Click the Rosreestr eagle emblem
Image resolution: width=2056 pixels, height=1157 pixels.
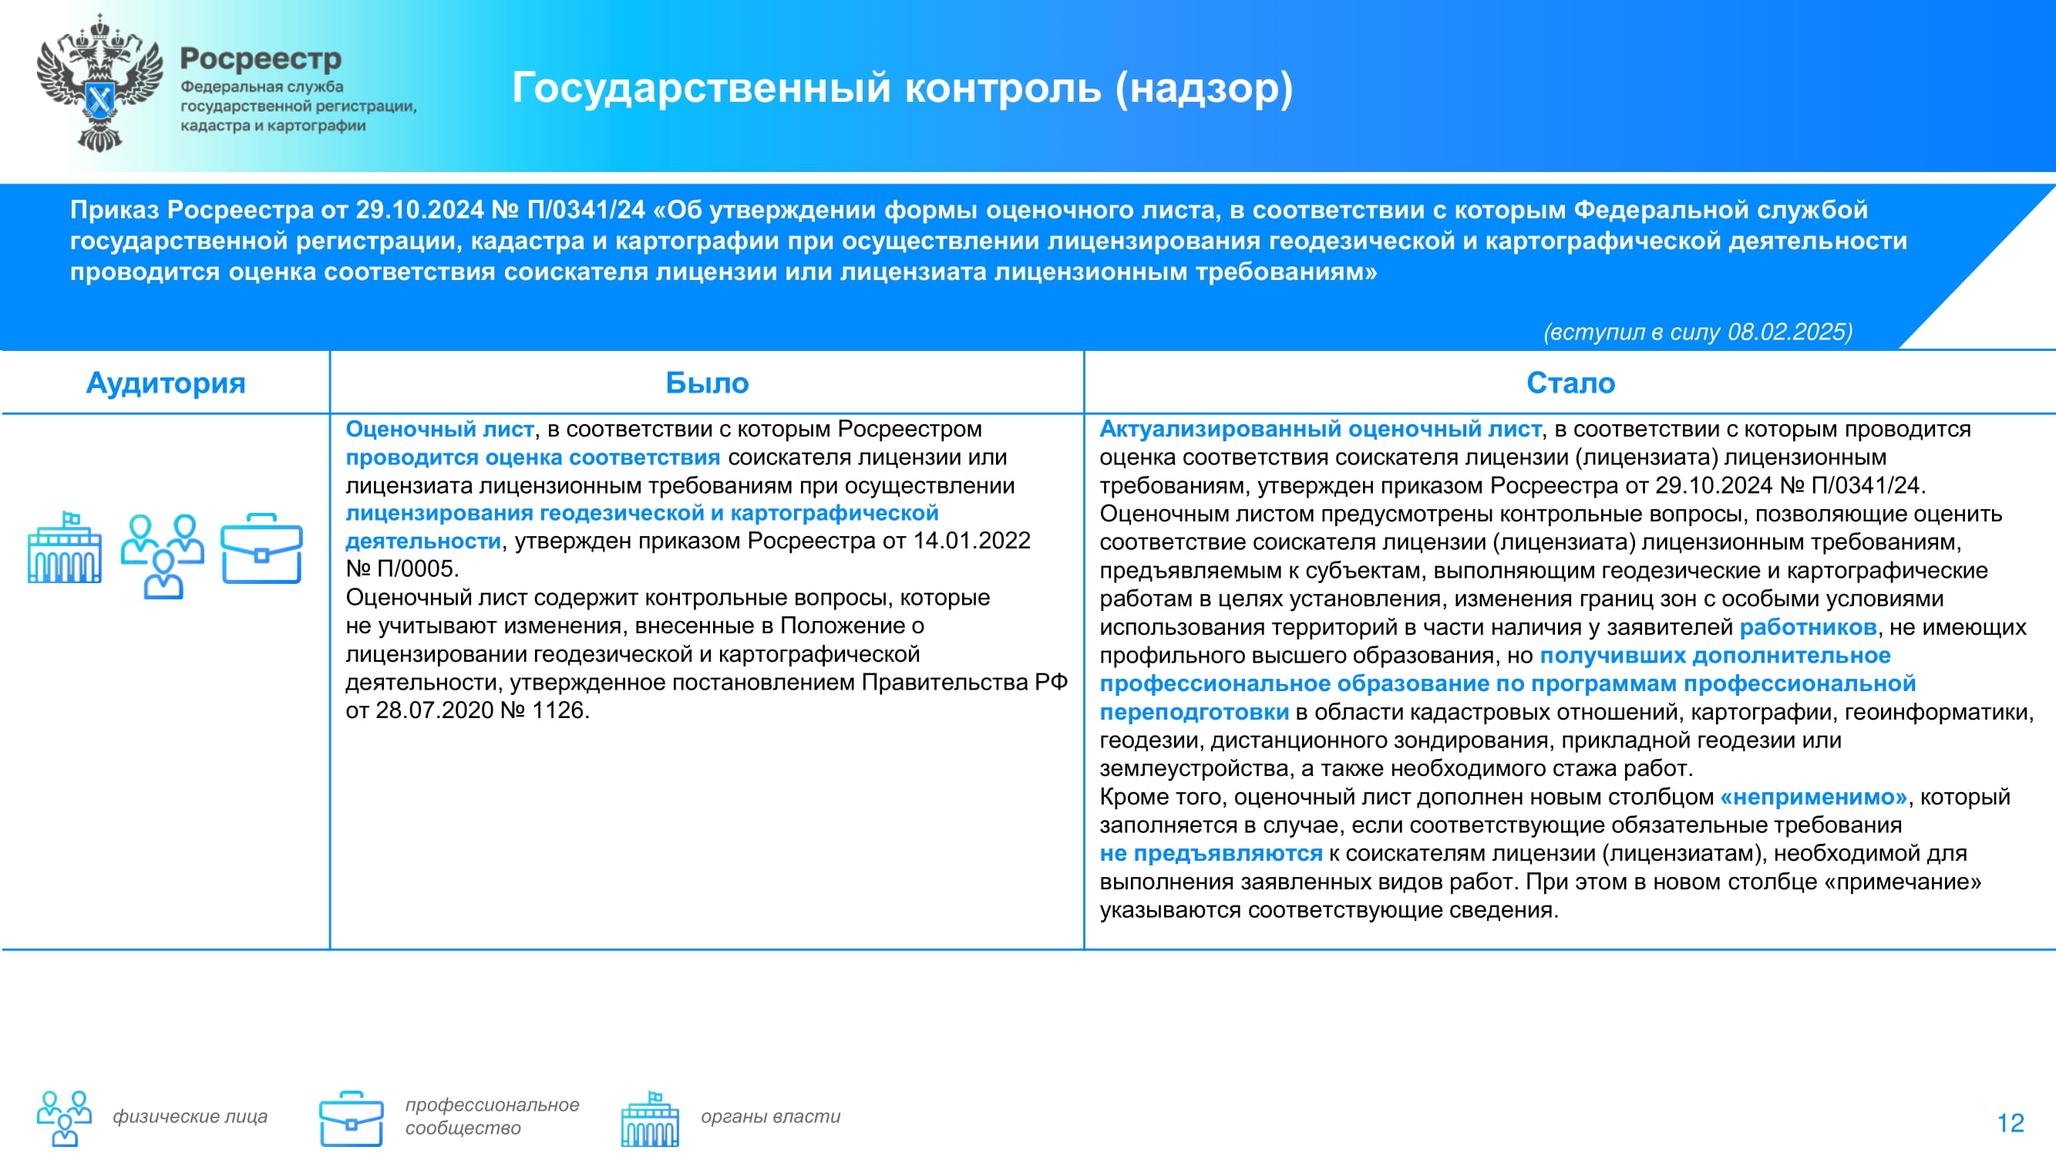coord(99,83)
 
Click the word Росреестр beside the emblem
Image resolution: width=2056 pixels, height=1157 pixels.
coord(261,59)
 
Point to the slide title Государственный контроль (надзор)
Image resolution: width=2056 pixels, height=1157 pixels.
coord(902,87)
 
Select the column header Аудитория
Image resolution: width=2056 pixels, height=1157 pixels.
coord(165,383)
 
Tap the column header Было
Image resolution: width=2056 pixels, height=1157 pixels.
coord(707,383)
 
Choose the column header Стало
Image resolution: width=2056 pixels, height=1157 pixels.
coord(1571,383)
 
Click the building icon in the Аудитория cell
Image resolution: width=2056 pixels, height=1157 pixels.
coord(65,548)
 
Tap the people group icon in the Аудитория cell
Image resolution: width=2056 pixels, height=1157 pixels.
coord(163,555)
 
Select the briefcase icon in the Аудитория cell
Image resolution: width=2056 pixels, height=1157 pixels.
coord(262,548)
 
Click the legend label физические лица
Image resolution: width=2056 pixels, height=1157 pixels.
coord(190,1116)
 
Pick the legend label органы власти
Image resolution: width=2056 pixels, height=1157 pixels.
coord(771,1116)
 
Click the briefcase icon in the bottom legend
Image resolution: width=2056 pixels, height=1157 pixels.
coord(352,1118)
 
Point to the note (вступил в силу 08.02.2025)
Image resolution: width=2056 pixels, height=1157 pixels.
coord(1698,332)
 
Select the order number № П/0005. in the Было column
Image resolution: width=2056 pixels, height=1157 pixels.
coord(402,569)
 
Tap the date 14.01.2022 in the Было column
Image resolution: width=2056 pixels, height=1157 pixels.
coord(971,541)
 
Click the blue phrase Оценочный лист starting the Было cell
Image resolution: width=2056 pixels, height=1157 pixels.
coord(439,429)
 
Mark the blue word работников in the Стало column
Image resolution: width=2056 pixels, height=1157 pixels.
coord(1808,628)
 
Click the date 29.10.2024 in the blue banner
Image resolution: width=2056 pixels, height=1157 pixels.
coord(420,209)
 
